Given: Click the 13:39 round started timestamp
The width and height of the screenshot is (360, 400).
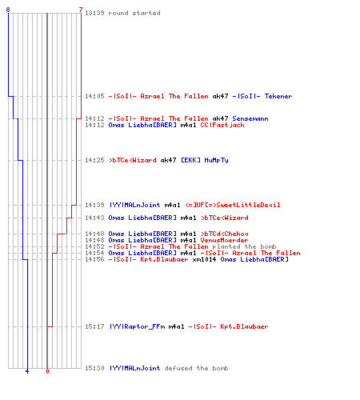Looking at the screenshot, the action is pos(94,13).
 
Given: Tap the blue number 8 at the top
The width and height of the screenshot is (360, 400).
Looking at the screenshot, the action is pos(8,10).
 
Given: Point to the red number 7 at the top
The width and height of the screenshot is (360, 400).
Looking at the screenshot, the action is pos(81,10).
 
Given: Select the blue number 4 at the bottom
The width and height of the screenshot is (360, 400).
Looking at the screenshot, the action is pos(27,371).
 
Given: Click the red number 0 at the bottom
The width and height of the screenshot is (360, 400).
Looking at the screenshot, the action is pos(47,371).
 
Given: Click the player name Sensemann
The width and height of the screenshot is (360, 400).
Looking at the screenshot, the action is pos(250,118).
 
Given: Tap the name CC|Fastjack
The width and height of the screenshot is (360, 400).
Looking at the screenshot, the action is pos(222,125).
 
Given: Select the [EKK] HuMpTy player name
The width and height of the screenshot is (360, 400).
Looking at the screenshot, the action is pos(205,160).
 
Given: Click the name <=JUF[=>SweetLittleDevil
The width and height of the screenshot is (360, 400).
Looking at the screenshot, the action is pos(233,205).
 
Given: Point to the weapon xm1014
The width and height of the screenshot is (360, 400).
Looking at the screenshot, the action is pos(204,259).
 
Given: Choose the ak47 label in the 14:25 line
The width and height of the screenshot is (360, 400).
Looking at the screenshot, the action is pos(168,160).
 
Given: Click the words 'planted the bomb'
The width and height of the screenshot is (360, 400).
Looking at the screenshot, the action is pos(244,246).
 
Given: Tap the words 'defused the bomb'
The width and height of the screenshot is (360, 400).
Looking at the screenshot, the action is pos(196,368).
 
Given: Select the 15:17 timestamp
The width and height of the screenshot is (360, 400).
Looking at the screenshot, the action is pos(94,326).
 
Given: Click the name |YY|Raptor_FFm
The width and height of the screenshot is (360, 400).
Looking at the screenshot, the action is pos(137,326).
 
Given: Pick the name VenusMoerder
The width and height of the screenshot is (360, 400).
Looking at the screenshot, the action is pos(224,240).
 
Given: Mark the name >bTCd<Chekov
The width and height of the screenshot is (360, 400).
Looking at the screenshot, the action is pos(225,234).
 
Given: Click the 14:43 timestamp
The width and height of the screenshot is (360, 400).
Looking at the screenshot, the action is pos(94,218).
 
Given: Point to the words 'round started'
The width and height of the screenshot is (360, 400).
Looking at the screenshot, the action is pos(134,13).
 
